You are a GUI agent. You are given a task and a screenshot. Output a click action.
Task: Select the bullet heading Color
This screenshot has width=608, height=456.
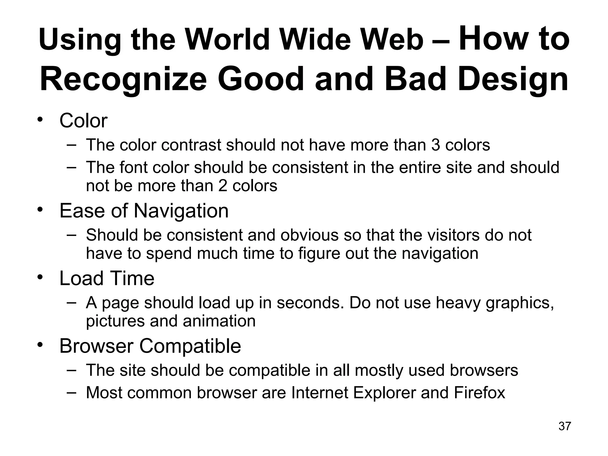coord(83,121)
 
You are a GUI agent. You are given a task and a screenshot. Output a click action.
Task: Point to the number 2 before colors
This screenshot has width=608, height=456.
coord(223,186)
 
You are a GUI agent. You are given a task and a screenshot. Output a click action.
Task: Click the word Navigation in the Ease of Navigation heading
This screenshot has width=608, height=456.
coord(181,211)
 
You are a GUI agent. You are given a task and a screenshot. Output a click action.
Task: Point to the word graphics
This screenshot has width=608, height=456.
coord(520,303)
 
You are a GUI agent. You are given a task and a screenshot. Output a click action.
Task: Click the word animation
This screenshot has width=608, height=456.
coord(219,321)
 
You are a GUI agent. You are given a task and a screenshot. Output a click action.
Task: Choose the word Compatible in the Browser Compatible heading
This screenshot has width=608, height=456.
coord(190,346)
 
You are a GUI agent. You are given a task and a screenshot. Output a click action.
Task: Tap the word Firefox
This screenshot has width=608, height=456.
coord(479,392)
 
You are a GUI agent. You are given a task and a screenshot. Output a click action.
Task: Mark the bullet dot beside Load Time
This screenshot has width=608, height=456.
coord(40,278)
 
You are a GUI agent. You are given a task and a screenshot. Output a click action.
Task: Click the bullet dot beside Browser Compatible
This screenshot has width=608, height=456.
coord(40,345)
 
